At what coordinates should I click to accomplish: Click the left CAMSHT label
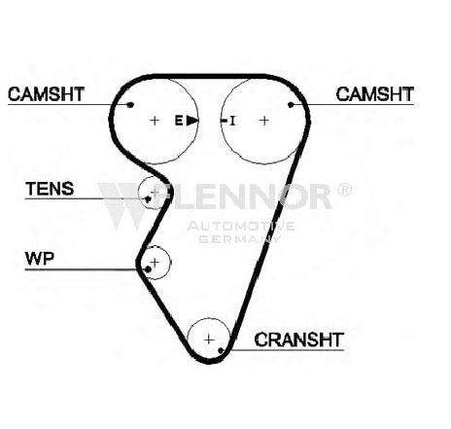pyautogui.click(x=46, y=94)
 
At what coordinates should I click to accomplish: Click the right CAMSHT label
pyautogui.click(x=375, y=94)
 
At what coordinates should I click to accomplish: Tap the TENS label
pyautogui.click(x=50, y=189)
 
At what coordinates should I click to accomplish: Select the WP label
pyautogui.click(x=40, y=259)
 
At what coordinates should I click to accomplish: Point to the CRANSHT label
pyautogui.click(x=298, y=340)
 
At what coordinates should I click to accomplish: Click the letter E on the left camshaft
pyautogui.click(x=179, y=121)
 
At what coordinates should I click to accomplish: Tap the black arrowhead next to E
pyautogui.click(x=192, y=121)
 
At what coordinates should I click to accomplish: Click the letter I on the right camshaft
pyautogui.click(x=232, y=121)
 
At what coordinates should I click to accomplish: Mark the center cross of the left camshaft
pyautogui.click(x=155, y=121)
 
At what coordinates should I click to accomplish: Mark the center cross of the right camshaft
pyautogui.click(x=264, y=121)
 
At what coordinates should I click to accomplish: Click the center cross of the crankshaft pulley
pyautogui.click(x=209, y=340)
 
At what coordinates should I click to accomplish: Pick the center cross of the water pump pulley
pyautogui.click(x=156, y=262)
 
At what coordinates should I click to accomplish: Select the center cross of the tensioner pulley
pyautogui.click(x=156, y=192)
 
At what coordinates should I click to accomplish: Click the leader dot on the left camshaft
pyautogui.click(x=130, y=105)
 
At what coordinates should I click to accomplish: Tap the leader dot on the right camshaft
pyautogui.click(x=291, y=105)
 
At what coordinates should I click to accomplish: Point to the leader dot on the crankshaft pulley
pyautogui.click(x=221, y=350)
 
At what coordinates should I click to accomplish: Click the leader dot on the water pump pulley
pyautogui.click(x=148, y=269)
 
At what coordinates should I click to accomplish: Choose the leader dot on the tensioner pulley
pyautogui.click(x=148, y=198)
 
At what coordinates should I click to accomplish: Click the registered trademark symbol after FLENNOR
pyautogui.click(x=344, y=190)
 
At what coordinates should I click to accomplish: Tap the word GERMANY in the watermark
pyautogui.click(x=240, y=239)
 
